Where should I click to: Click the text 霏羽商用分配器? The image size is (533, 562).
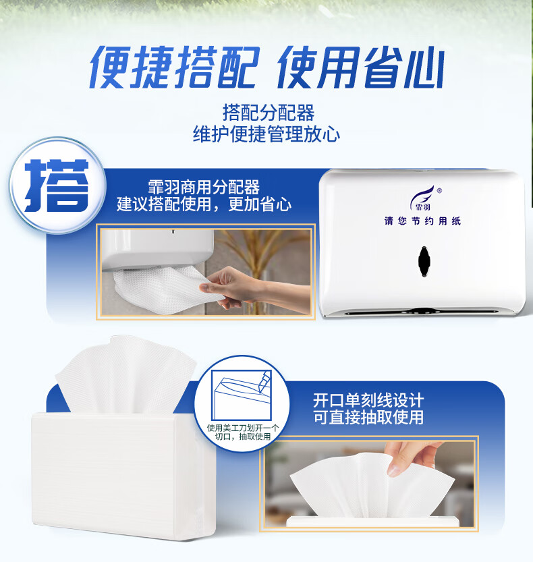(x=204, y=186)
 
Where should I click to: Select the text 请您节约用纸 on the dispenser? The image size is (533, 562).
(x=422, y=221)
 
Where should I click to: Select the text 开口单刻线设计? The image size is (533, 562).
(x=368, y=399)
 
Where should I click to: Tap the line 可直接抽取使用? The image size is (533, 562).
(x=368, y=418)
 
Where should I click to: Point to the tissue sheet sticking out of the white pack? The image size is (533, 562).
(x=125, y=378)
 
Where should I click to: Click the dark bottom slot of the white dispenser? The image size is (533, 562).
(x=422, y=311)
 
